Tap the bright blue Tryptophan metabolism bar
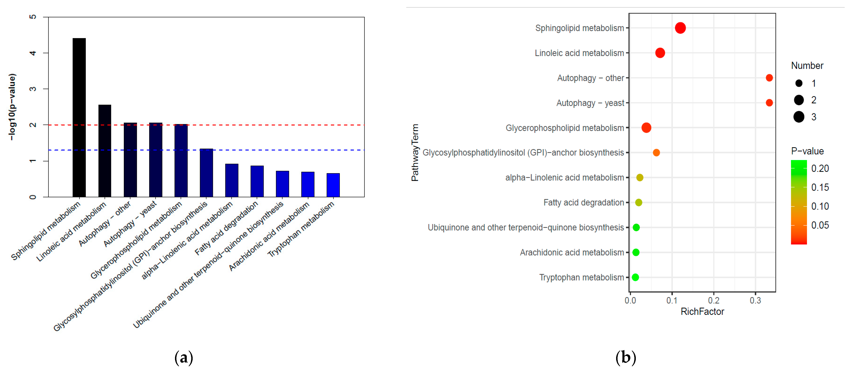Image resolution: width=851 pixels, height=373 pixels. (333, 185)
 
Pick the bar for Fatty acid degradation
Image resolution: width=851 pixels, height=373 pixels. (257, 181)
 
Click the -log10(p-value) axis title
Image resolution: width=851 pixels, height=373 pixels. (12, 107)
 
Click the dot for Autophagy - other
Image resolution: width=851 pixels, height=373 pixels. (769, 78)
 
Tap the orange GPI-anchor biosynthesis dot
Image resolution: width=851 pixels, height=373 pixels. (656, 153)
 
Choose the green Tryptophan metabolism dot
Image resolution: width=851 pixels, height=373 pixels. (635, 277)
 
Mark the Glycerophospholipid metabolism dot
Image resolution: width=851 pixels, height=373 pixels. (646, 128)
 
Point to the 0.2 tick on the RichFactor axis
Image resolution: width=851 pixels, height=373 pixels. (714, 300)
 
